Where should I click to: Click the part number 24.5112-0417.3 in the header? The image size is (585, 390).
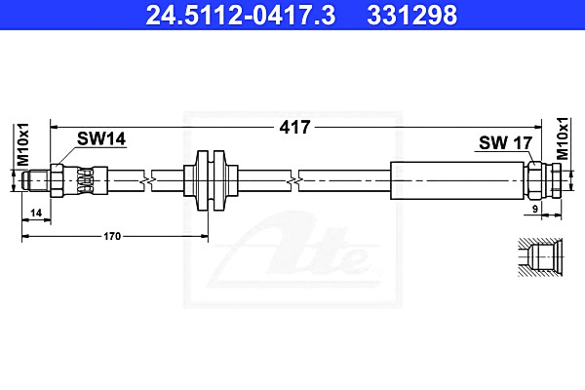(241, 15)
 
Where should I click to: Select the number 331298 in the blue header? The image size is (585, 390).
(411, 15)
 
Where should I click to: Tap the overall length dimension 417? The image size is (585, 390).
(294, 128)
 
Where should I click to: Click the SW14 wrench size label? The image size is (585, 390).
(101, 138)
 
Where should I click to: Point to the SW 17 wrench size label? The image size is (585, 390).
(505, 142)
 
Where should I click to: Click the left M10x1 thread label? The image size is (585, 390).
(22, 144)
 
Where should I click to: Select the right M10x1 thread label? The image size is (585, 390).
(563, 138)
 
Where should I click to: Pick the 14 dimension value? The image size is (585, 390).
(36, 214)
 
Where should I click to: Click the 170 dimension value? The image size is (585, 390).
(112, 236)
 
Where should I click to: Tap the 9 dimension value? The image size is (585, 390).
(535, 209)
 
